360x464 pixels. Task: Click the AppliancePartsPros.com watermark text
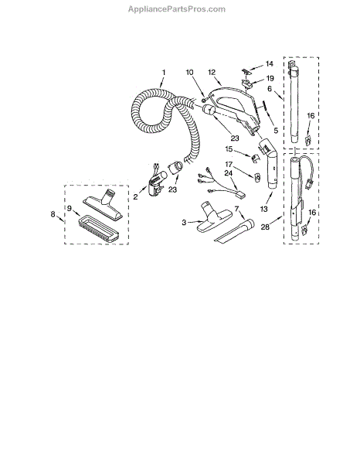177,9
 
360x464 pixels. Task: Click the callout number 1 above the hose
164,72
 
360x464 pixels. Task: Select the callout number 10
189,72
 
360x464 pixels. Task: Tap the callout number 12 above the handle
212,72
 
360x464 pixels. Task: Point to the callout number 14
270,63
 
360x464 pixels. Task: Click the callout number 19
270,78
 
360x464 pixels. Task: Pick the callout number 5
276,130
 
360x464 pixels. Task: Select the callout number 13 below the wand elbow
263,209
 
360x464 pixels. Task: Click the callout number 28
265,227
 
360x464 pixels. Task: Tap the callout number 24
229,173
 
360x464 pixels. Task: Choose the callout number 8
53,213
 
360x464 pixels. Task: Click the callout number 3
184,222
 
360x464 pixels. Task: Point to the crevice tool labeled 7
234,230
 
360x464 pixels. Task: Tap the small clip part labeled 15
256,158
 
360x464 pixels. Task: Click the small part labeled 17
257,177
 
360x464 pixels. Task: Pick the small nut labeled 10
203,101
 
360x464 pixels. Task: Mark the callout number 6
270,88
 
